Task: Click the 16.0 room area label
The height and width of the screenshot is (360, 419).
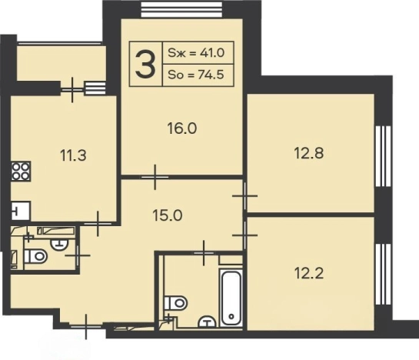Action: point(182,128)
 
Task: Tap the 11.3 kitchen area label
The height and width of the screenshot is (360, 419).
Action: point(73,155)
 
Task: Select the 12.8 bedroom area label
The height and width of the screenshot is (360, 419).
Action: point(309,153)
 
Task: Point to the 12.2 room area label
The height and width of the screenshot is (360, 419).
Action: point(309,273)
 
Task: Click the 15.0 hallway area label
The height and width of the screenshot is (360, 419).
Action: point(168,215)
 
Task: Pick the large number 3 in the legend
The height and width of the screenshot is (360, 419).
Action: point(145,64)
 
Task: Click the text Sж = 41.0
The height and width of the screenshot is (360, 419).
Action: point(196,53)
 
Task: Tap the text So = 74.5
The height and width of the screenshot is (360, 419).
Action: point(196,75)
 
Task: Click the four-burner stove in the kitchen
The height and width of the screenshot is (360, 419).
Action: point(21,172)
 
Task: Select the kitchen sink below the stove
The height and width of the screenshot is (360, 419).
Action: point(21,211)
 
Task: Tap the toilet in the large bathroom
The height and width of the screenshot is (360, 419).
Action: point(175,303)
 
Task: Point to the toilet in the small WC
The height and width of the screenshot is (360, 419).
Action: point(35,256)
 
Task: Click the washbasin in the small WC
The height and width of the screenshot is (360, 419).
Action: point(59,244)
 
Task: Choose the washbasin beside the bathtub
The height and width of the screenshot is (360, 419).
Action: point(207,322)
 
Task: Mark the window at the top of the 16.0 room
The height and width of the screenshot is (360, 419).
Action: point(181,10)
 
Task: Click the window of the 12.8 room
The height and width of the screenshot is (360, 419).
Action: point(383,156)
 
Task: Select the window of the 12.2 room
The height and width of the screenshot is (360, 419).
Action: point(383,274)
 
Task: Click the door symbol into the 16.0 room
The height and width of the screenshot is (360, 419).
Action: point(155,177)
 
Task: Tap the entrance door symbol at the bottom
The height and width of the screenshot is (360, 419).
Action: point(86,327)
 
